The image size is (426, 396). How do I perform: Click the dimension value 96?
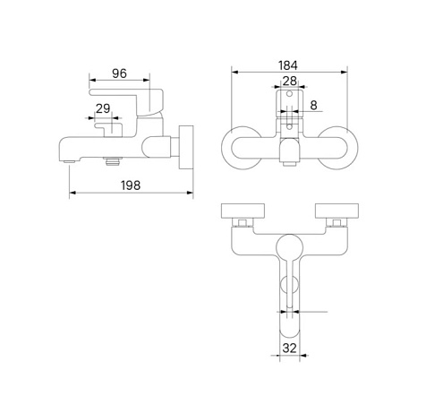(x=119, y=73)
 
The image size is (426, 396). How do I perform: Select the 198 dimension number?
(x=131, y=185)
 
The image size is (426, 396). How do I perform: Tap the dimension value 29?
(x=103, y=108)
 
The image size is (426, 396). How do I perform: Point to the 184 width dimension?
(x=288, y=65)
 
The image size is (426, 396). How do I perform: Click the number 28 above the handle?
(x=290, y=81)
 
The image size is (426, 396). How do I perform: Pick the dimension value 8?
(x=313, y=105)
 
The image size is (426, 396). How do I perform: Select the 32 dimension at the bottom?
(x=290, y=349)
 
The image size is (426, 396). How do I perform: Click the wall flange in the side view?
(x=186, y=148)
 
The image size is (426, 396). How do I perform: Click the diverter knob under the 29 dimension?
(x=108, y=130)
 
